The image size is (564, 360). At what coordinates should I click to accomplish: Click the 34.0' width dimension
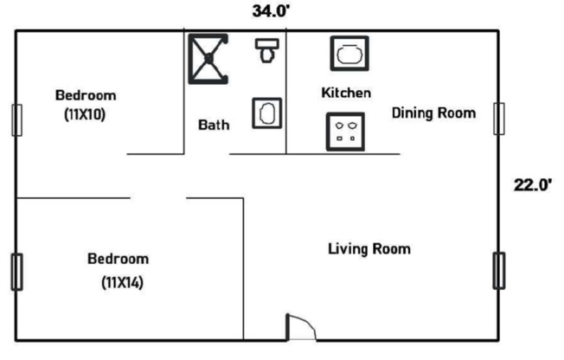271,11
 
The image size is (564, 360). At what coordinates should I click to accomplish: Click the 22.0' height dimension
533,184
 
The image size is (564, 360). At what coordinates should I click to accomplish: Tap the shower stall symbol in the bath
208,59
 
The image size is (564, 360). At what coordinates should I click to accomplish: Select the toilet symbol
266,51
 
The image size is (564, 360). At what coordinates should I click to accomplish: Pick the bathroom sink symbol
266,113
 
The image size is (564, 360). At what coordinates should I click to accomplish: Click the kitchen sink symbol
349,53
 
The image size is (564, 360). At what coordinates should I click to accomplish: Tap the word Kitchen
346,93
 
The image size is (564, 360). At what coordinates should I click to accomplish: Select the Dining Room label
433,112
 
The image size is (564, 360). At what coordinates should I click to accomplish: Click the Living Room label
369,249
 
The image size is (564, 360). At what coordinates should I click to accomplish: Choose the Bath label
214,125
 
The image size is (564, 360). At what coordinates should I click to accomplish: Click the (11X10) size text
84,113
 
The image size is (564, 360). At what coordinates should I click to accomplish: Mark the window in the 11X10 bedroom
16,119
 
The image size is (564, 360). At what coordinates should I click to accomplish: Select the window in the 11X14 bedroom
16,272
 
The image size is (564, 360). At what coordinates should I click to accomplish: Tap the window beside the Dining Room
498,118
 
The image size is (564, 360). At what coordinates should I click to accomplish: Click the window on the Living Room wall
498,270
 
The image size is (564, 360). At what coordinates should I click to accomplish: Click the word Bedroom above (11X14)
118,259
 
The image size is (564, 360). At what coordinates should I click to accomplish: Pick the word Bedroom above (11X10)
85,95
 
